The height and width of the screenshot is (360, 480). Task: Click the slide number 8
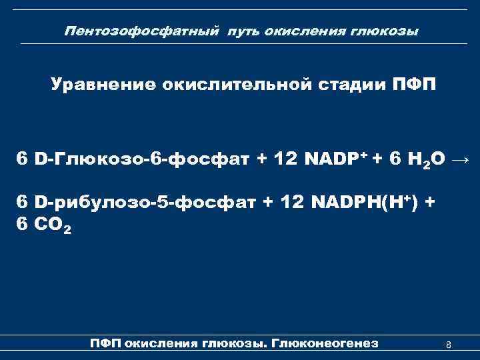(449, 345)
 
